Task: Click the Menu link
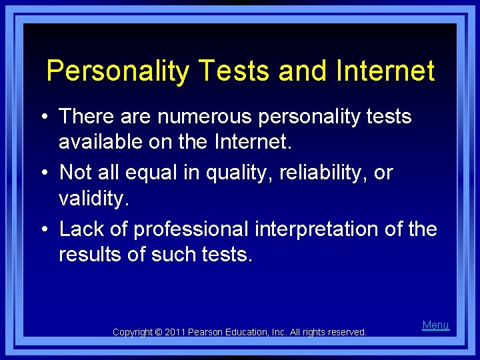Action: coord(435,325)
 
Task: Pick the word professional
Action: coord(191,229)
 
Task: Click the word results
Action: coord(89,254)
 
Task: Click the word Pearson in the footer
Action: coord(209,332)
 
